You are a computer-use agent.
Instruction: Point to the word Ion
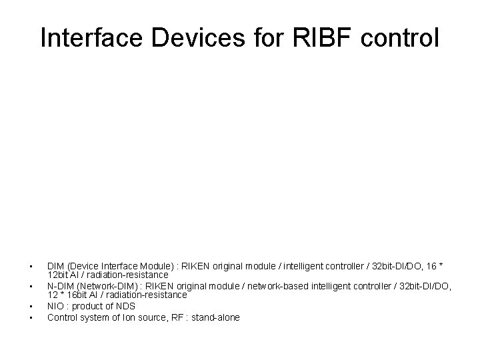point(129,317)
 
